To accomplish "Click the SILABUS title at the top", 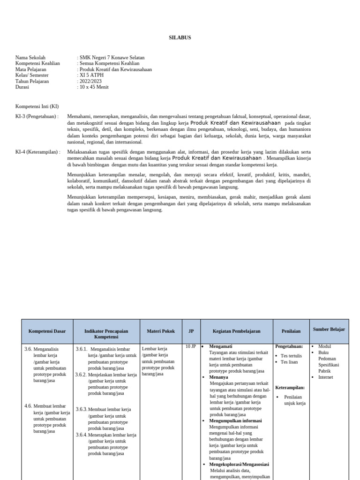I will [x=180, y=37].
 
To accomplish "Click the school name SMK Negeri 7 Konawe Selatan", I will [x=112, y=58].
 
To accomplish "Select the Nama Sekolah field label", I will [x=30, y=58].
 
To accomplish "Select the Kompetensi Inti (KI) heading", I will [x=37, y=106].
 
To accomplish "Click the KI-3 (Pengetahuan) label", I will [x=37, y=116].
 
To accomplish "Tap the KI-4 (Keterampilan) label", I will [x=38, y=152].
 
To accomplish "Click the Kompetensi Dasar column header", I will [x=47, y=331].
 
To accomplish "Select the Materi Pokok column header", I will [x=160, y=331].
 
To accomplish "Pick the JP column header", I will [x=191, y=331].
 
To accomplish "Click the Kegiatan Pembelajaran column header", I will [x=236, y=331].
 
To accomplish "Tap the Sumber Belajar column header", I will [x=329, y=330].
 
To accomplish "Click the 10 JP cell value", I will [x=190, y=346].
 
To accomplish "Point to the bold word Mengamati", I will [x=221, y=346].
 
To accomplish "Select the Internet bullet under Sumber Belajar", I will [x=325, y=377].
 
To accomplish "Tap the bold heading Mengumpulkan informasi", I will [x=235, y=421].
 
